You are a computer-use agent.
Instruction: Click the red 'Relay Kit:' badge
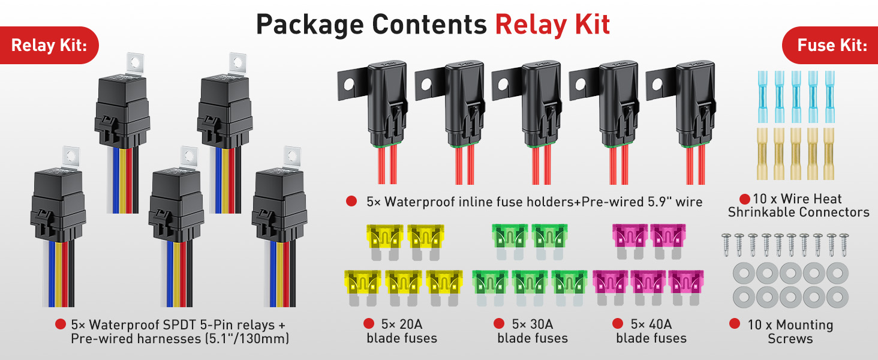(49, 45)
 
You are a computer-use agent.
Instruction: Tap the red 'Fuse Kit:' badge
(831, 45)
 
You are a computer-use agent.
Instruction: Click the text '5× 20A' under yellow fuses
(401, 325)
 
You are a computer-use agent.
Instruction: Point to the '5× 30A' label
(532, 325)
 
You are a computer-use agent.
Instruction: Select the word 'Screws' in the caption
(790, 339)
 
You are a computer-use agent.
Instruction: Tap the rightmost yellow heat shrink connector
(829, 152)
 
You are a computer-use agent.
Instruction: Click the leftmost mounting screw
(726, 243)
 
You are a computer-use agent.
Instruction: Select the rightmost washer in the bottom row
(837, 296)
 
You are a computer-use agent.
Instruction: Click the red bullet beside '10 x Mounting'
(734, 325)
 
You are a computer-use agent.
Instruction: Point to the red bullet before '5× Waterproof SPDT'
(60, 325)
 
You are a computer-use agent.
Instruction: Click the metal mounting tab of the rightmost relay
(292, 155)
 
